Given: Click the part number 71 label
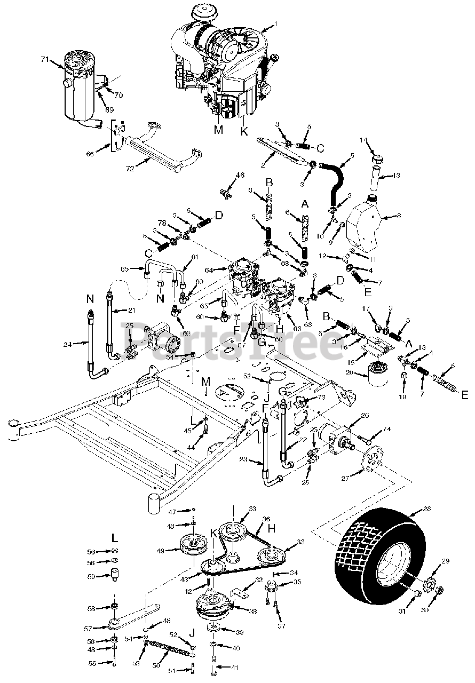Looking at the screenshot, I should point(44,60).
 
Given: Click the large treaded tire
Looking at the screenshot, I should point(376,550).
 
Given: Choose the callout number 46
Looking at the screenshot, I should point(240,175).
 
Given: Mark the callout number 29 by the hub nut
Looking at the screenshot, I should point(446,561).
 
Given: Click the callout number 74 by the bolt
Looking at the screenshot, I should point(387,428).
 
